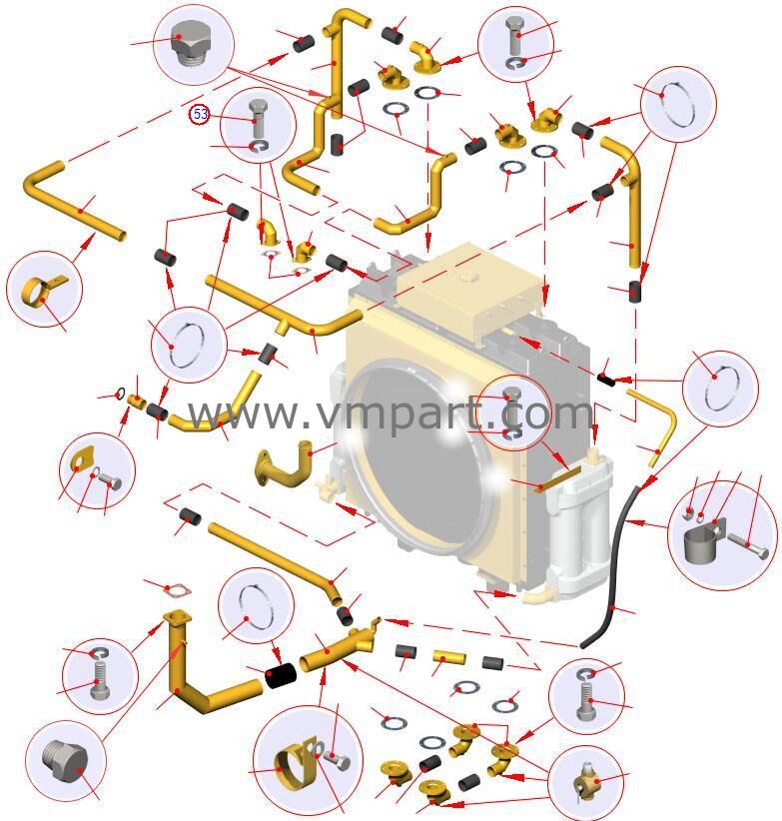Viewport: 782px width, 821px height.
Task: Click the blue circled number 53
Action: click(x=201, y=114)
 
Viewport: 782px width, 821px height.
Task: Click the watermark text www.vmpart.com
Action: click(x=390, y=412)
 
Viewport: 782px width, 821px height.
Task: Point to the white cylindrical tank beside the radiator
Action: click(x=583, y=519)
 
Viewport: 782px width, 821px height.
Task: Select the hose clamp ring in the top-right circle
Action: click(x=678, y=104)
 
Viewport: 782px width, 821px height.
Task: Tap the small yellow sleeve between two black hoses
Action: click(x=448, y=658)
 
